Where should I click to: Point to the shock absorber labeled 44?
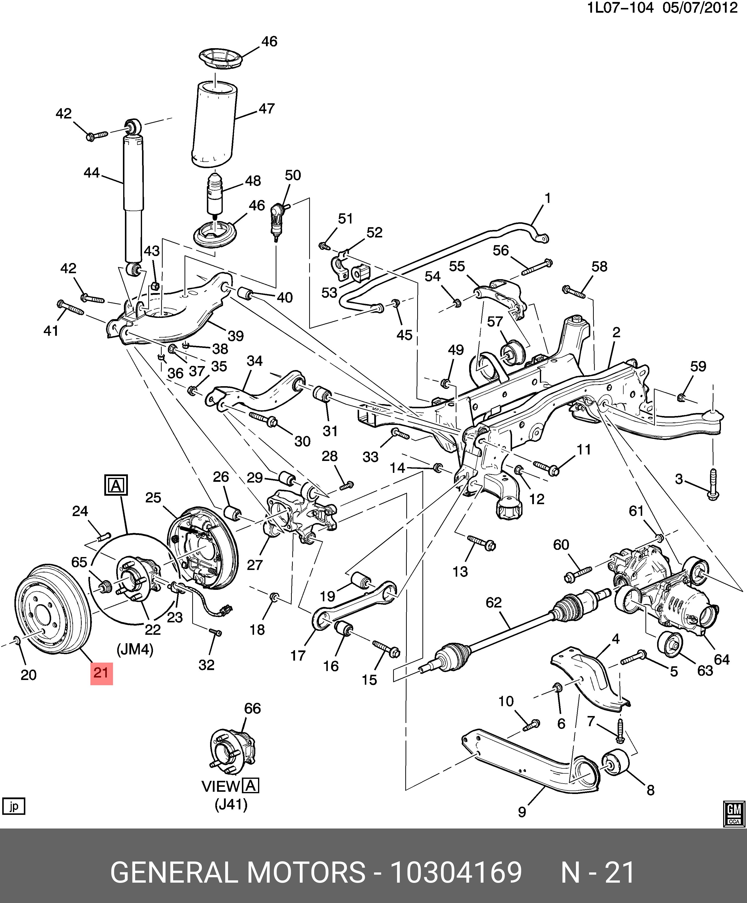(133, 198)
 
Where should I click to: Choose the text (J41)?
(231, 804)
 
